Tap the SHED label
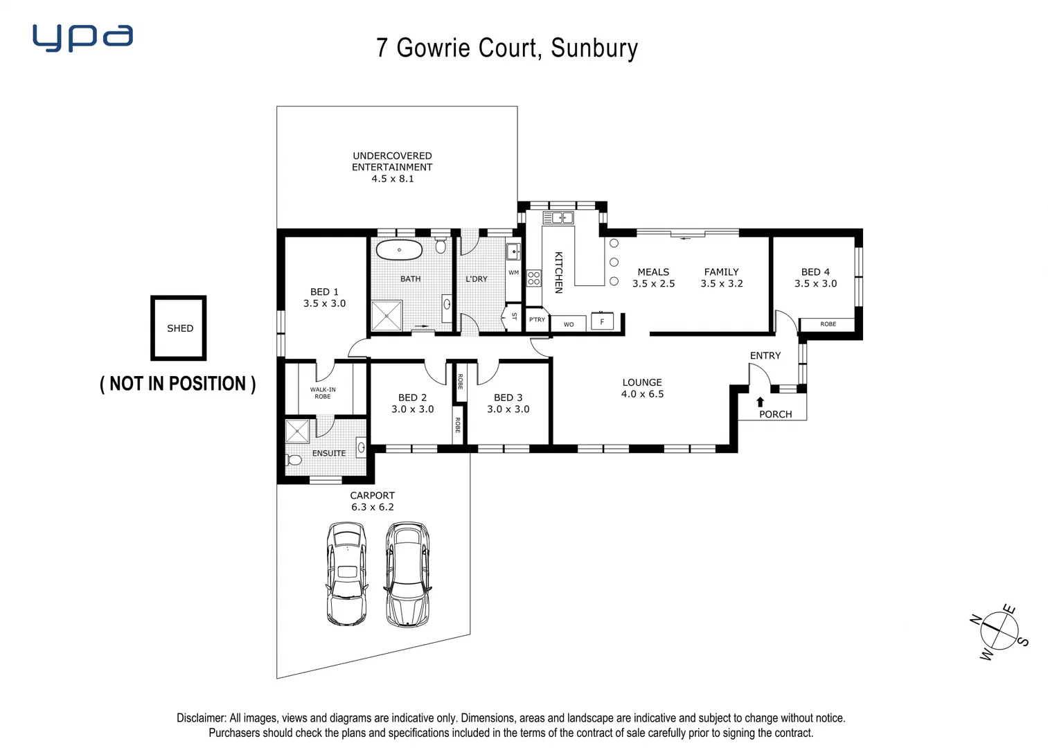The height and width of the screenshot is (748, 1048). (x=180, y=328)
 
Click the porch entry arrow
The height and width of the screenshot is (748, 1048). (x=760, y=402)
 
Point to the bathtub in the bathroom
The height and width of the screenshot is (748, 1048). (x=400, y=249)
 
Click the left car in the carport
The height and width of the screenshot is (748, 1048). (x=346, y=573)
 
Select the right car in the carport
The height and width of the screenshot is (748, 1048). (x=407, y=574)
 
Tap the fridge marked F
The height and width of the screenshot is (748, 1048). (x=602, y=321)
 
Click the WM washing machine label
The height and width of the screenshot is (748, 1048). (x=513, y=273)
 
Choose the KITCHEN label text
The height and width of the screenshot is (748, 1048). (x=558, y=272)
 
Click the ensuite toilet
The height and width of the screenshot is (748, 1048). (x=294, y=459)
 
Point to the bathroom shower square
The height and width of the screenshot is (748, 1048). (x=387, y=316)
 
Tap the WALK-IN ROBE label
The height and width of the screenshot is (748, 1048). (x=323, y=393)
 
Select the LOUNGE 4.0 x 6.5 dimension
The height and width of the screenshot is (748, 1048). (x=642, y=394)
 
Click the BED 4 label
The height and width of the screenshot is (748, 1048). (x=815, y=272)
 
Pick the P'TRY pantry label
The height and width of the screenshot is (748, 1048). (x=537, y=320)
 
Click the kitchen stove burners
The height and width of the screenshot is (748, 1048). (x=533, y=278)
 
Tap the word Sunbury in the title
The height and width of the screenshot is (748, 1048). (x=594, y=48)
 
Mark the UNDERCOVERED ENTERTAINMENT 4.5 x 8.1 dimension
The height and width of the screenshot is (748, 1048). (x=393, y=179)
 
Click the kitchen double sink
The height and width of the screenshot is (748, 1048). (x=558, y=218)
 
